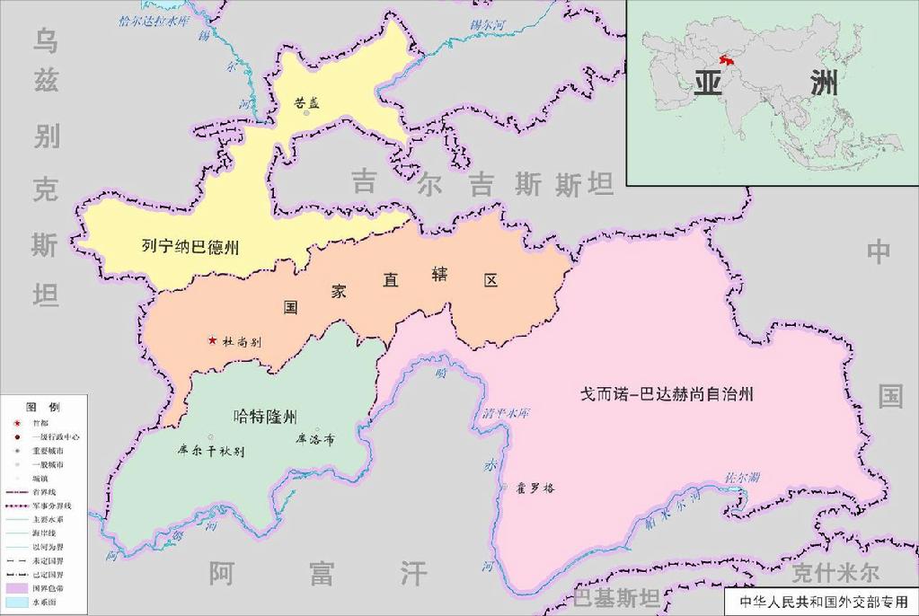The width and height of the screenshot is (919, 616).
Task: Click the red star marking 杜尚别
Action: pos(212,339)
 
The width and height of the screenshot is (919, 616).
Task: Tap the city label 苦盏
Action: pos(306,102)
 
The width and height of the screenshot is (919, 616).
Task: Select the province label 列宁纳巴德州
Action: pos(190,246)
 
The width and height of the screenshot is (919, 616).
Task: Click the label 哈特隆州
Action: pos(264,416)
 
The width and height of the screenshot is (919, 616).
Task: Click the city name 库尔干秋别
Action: pos(212,451)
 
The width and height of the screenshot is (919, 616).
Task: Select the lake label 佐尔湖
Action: pos(743,477)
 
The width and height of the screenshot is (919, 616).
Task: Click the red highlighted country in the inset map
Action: pos(730,61)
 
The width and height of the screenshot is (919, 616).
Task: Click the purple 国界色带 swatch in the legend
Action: pos(17,587)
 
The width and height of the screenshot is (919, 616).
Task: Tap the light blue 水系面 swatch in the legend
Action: pos(17,603)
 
